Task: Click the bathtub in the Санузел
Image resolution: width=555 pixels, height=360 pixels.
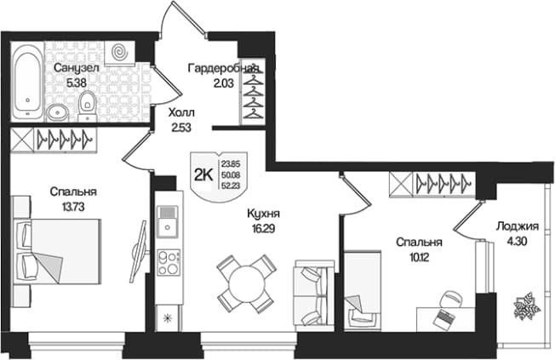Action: (x=27, y=82)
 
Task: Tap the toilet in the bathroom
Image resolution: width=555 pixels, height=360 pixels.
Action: (x=87, y=105)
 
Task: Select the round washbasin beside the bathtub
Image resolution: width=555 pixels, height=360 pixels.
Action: (x=57, y=112)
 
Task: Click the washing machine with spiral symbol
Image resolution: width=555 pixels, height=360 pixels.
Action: (x=120, y=53)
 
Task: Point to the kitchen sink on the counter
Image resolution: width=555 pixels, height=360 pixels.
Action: (x=169, y=221)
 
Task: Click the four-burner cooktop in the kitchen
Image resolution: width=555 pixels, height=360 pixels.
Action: (x=169, y=262)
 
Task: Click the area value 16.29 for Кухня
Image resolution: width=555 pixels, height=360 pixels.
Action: (x=260, y=229)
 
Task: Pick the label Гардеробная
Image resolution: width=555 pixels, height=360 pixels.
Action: (x=223, y=68)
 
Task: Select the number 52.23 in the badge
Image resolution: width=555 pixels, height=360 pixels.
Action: (x=231, y=186)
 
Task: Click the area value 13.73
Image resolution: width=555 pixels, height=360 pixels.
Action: (x=73, y=207)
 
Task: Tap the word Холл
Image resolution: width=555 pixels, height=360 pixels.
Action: (x=181, y=113)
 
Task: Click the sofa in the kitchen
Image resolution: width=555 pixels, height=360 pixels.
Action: (x=313, y=296)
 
